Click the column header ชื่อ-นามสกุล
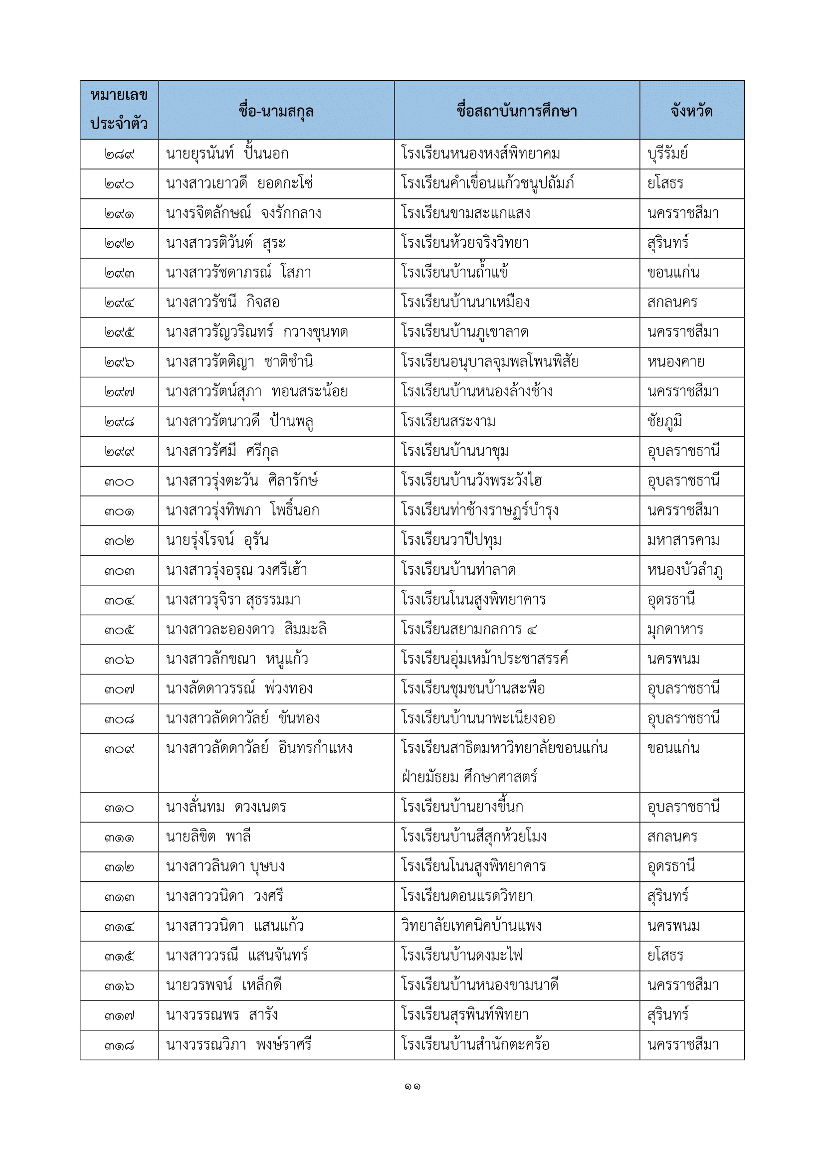point(276,110)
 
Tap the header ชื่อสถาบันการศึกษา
point(516,110)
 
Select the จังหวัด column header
point(691,110)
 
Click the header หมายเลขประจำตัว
point(119,109)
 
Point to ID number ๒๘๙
point(119,154)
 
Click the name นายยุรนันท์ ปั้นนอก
point(227,154)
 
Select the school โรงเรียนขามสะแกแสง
point(465,213)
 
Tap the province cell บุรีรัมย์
point(667,154)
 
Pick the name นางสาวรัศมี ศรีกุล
point(222,451)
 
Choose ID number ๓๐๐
point(119,481)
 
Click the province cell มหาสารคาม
point(683,540)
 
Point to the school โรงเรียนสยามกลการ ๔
point(468,629)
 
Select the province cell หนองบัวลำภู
point(684,570)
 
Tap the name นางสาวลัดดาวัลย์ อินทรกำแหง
point(259,748)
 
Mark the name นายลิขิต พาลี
point(208,837)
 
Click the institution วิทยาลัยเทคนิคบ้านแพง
point(471,926)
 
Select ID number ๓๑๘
point(119,1045)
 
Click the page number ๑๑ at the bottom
point(412,1087)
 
